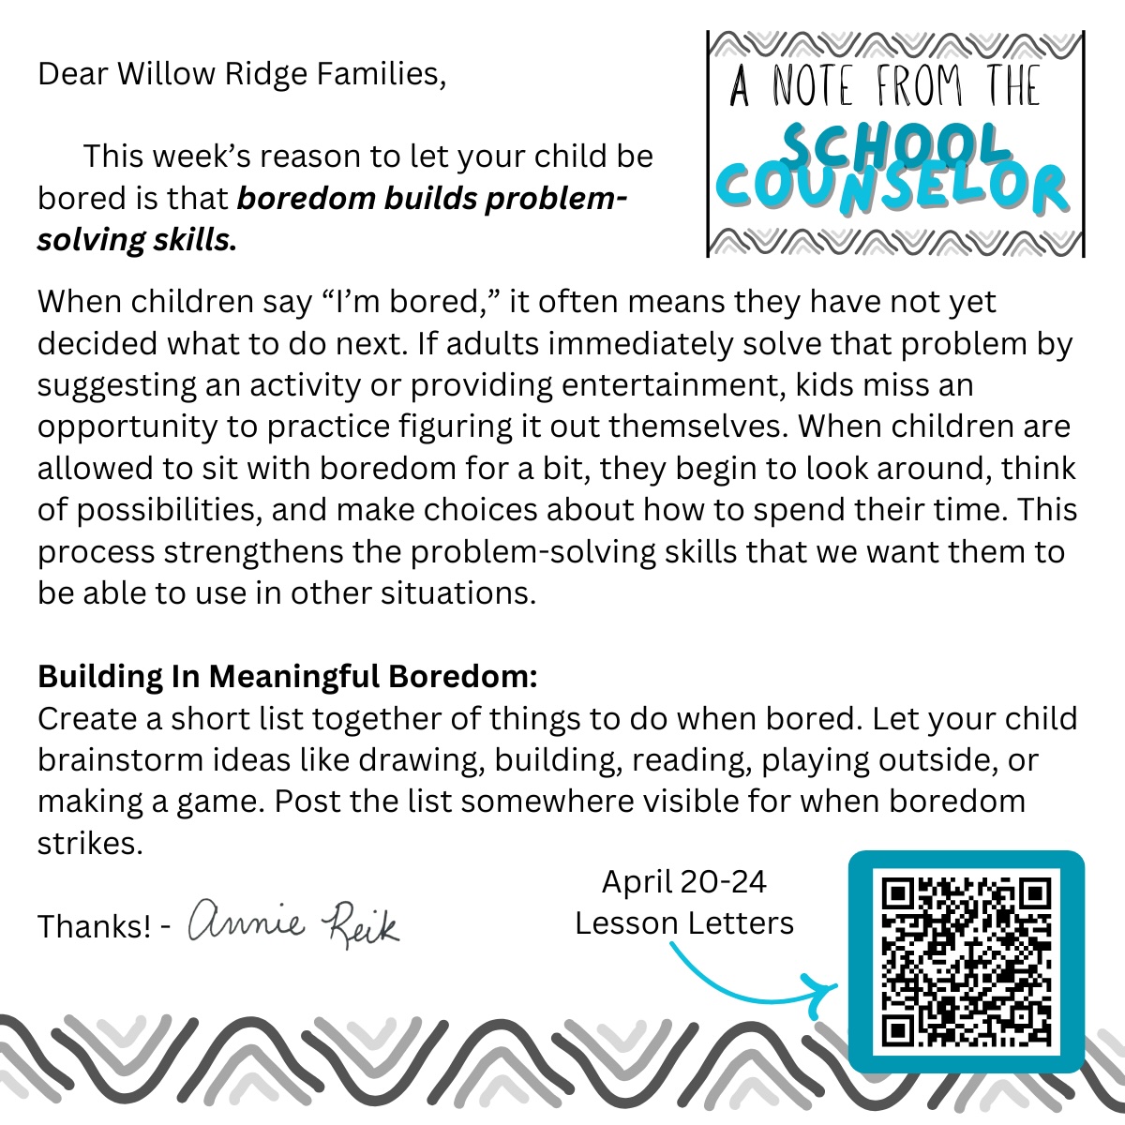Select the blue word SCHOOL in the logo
[x=894, y=145]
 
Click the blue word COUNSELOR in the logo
[x=896, y=190]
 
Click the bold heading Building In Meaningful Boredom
[x=288, y=676]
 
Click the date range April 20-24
[x=683, y=882]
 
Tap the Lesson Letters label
[x=684, y=923]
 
